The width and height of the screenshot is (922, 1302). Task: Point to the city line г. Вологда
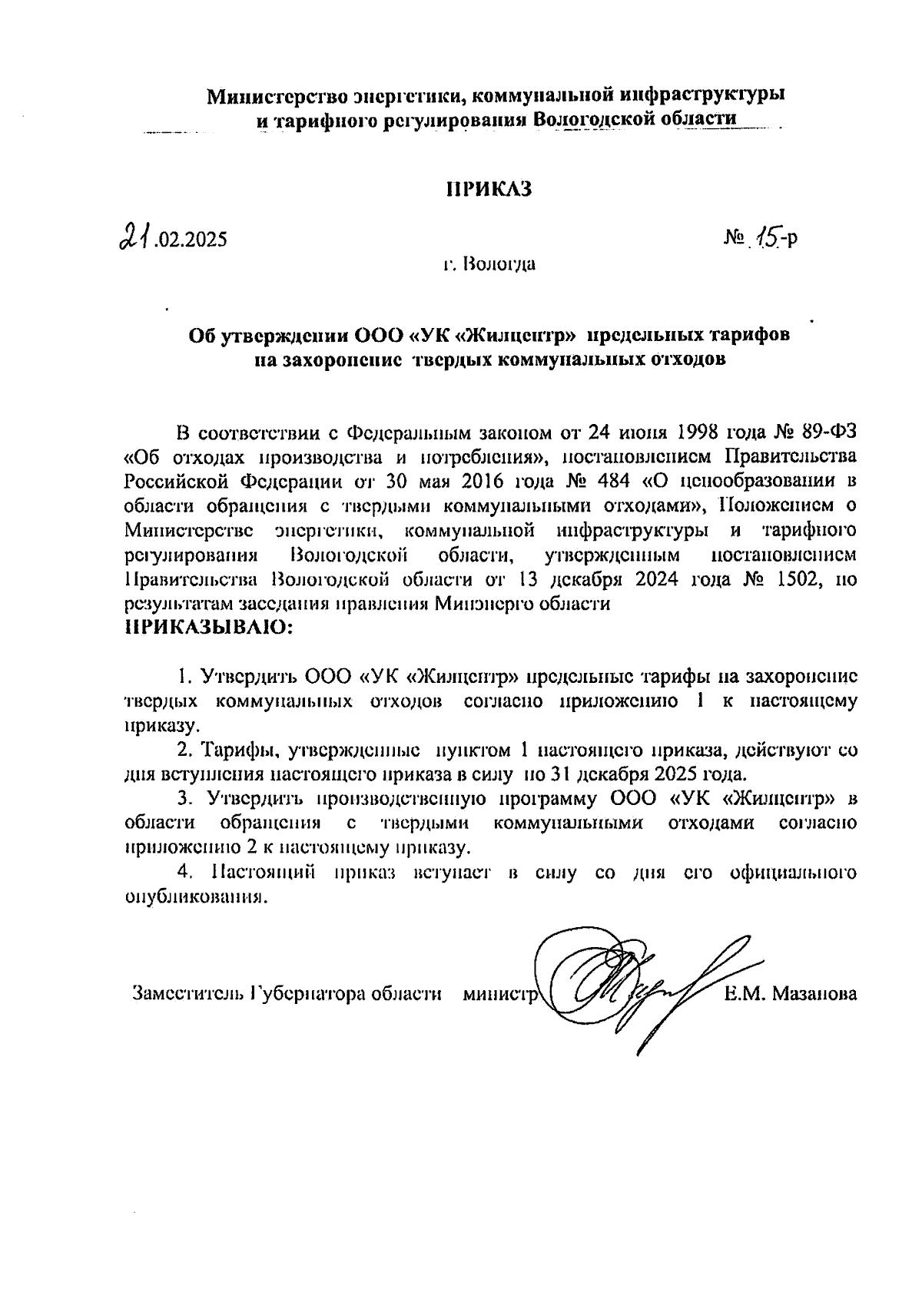489,266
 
